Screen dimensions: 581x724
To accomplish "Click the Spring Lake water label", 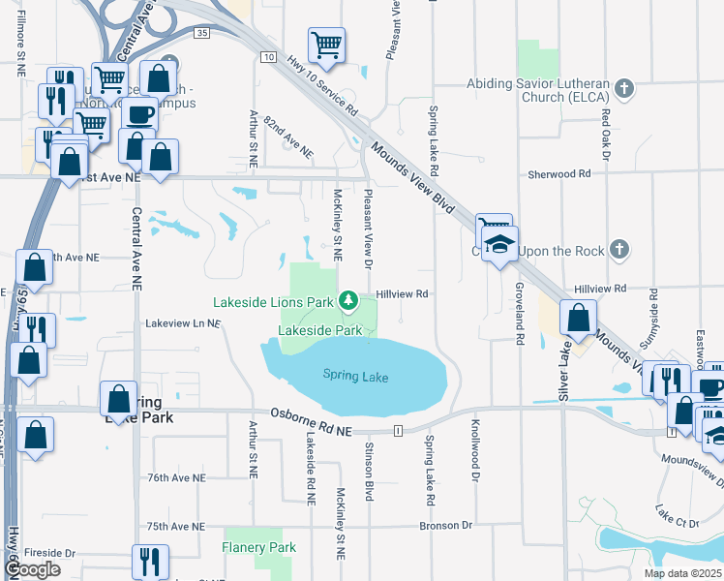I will pos(355,376).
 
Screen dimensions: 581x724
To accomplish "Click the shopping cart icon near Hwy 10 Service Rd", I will pos(326,45).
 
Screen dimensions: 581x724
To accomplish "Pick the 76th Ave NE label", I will pos(176,478).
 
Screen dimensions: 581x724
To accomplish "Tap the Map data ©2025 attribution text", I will pos(682,573).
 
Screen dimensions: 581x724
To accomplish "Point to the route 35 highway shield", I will pos(201,33).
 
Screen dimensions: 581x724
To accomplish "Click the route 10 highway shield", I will pos(266,58).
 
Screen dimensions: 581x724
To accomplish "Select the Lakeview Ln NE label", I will pos(183,322).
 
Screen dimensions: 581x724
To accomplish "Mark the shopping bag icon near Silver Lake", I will pos(578,319).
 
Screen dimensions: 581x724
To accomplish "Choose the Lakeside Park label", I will pos(319,330).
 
